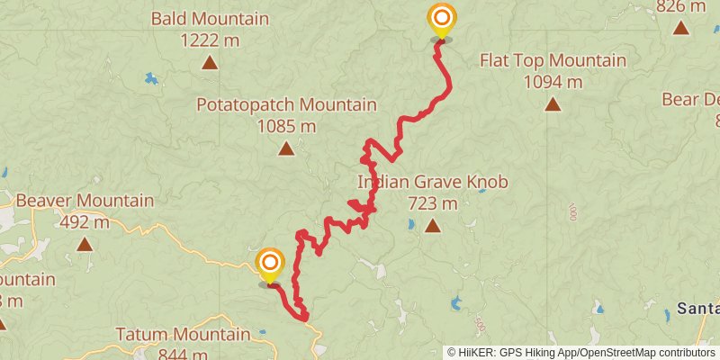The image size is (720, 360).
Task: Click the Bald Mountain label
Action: coord(210,19)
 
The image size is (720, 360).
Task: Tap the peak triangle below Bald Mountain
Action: coord(210,62)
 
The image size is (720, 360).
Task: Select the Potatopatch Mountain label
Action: coord(286,105)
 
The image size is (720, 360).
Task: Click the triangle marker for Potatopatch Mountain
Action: coord(286,148)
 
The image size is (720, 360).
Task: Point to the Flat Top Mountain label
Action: coord(553,61)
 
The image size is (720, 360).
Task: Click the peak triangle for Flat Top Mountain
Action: coord(553,104)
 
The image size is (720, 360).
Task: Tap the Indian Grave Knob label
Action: coord(433,183)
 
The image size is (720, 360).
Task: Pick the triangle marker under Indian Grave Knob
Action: coord(433,226)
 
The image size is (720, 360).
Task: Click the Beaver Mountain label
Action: coord(85,201)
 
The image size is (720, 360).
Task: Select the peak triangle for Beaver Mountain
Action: coord(85,244)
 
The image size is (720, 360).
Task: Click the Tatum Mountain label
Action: coord(183,335)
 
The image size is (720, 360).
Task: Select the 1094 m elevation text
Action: coord(553,82)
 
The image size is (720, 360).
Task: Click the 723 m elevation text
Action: coord(433,203)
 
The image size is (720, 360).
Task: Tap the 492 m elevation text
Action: coord(85,221)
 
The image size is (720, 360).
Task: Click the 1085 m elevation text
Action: coord(286,126)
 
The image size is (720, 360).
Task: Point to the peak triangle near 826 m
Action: coord(681,27)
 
